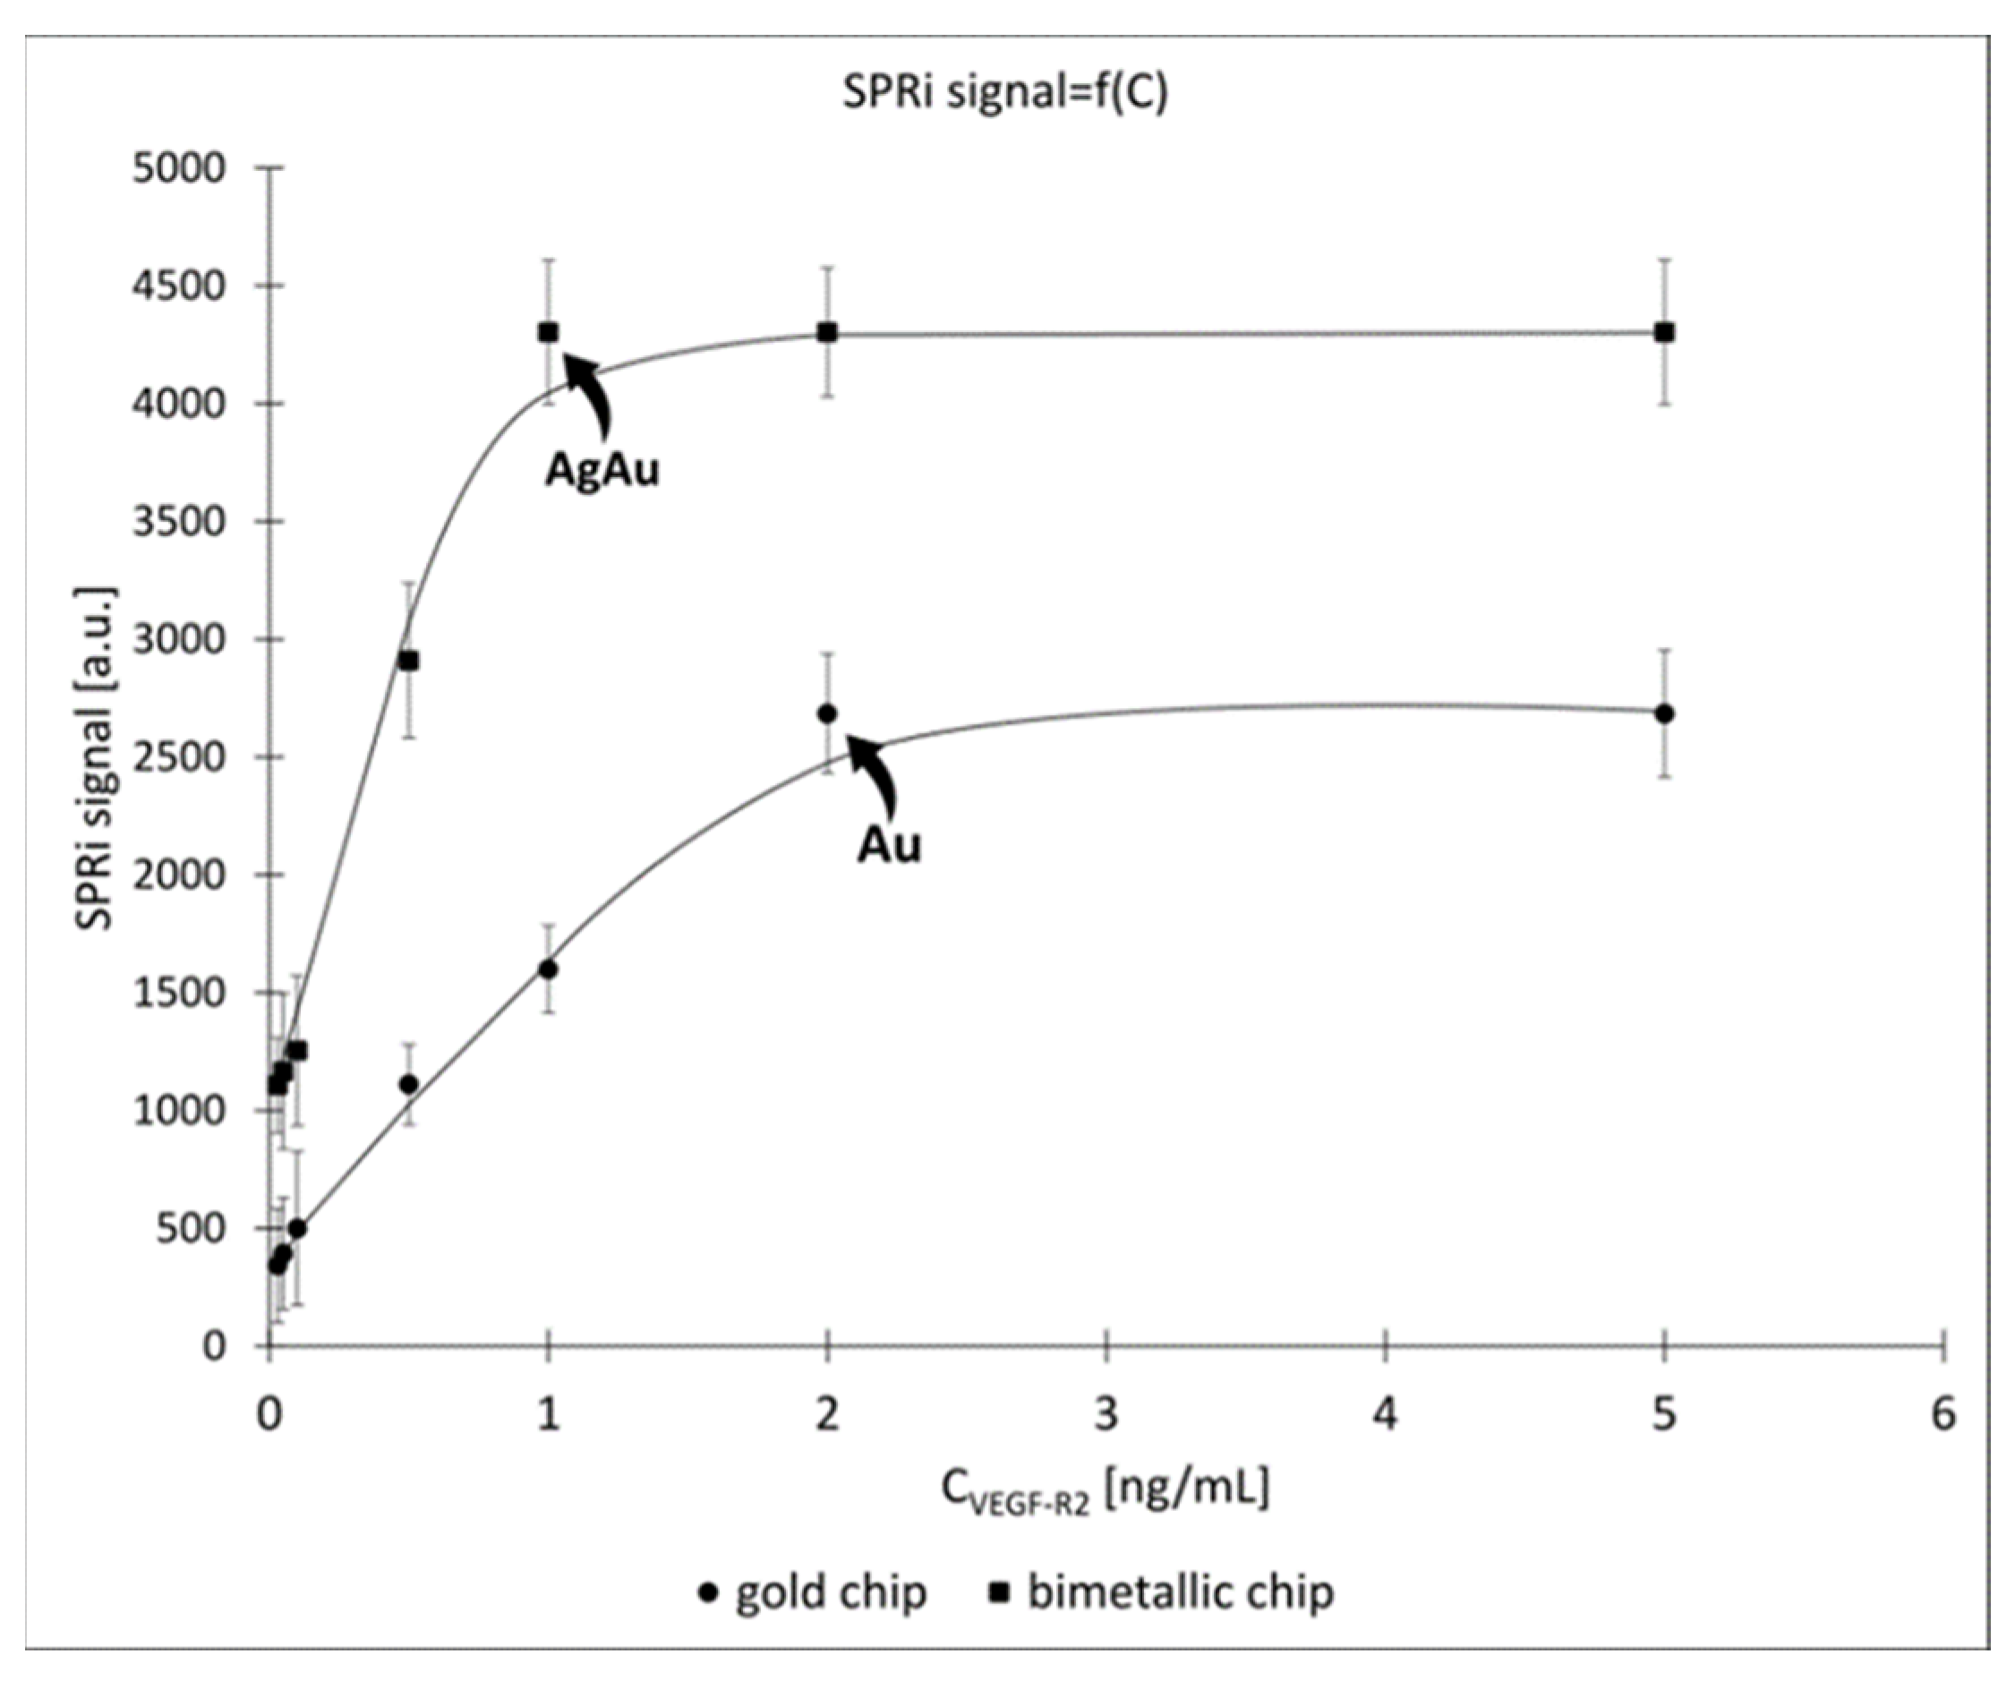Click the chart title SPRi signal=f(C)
1004,93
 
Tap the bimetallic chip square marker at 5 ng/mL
1665,332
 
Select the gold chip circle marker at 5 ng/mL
1665,714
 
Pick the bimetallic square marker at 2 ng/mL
827,332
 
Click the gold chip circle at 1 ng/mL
548,969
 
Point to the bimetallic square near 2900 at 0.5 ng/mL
409,661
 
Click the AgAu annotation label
602,470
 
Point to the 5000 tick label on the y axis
179,168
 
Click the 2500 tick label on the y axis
179,757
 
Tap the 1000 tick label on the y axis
179,1110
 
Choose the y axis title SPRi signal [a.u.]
95,757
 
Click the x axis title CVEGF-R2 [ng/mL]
1104,1490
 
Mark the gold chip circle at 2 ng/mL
827,714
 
